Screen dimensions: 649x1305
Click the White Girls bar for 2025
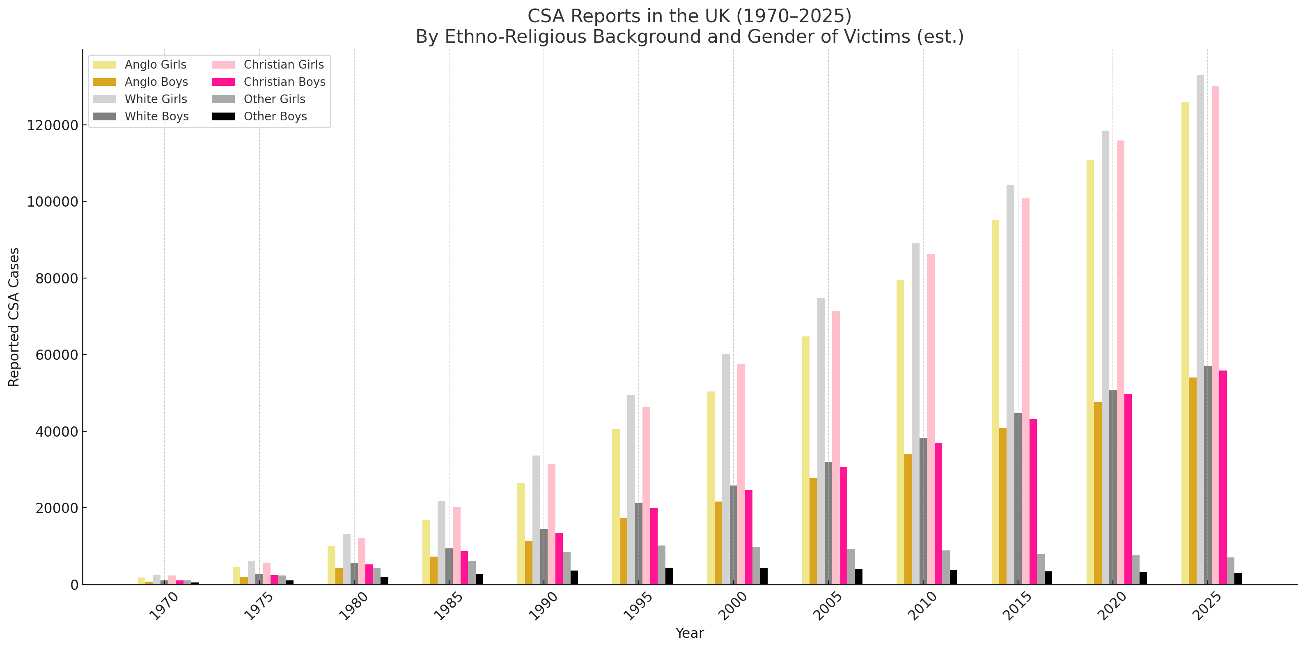(1200, 329)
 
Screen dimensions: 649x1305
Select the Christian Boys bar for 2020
(1128, 489)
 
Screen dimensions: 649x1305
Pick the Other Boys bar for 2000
(764, 576)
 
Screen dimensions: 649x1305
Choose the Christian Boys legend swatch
(223, 82)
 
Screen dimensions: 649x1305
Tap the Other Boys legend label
(275, 117)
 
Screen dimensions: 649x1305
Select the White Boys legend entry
(156, 117)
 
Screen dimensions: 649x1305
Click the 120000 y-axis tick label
(53, 125)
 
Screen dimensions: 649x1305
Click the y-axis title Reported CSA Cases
(14, 317)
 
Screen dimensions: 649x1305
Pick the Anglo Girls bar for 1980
(331, 565)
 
